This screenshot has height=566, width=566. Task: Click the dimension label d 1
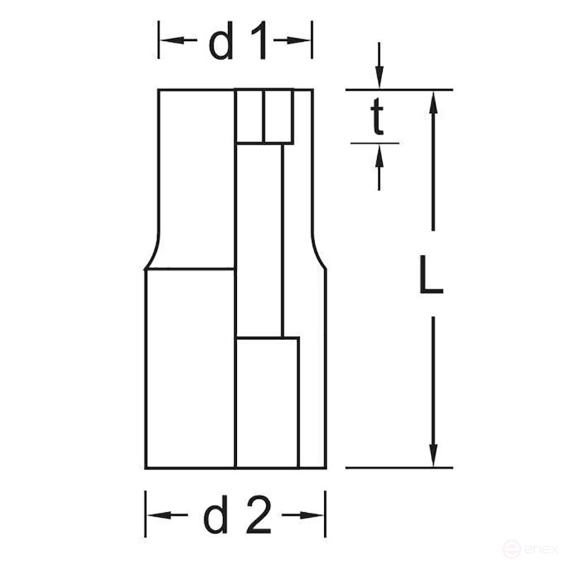238,44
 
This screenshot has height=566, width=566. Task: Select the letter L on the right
430,276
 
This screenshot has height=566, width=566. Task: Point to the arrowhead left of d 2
156,514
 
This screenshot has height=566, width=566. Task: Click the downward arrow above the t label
379,79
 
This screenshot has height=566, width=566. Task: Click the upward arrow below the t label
379,154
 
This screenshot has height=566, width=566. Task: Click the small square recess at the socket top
264,117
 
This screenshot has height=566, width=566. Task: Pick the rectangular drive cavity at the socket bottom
267,402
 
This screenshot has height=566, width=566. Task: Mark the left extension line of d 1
158,40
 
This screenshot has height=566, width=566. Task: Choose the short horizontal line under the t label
375,143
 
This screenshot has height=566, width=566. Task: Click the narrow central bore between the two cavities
259,241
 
